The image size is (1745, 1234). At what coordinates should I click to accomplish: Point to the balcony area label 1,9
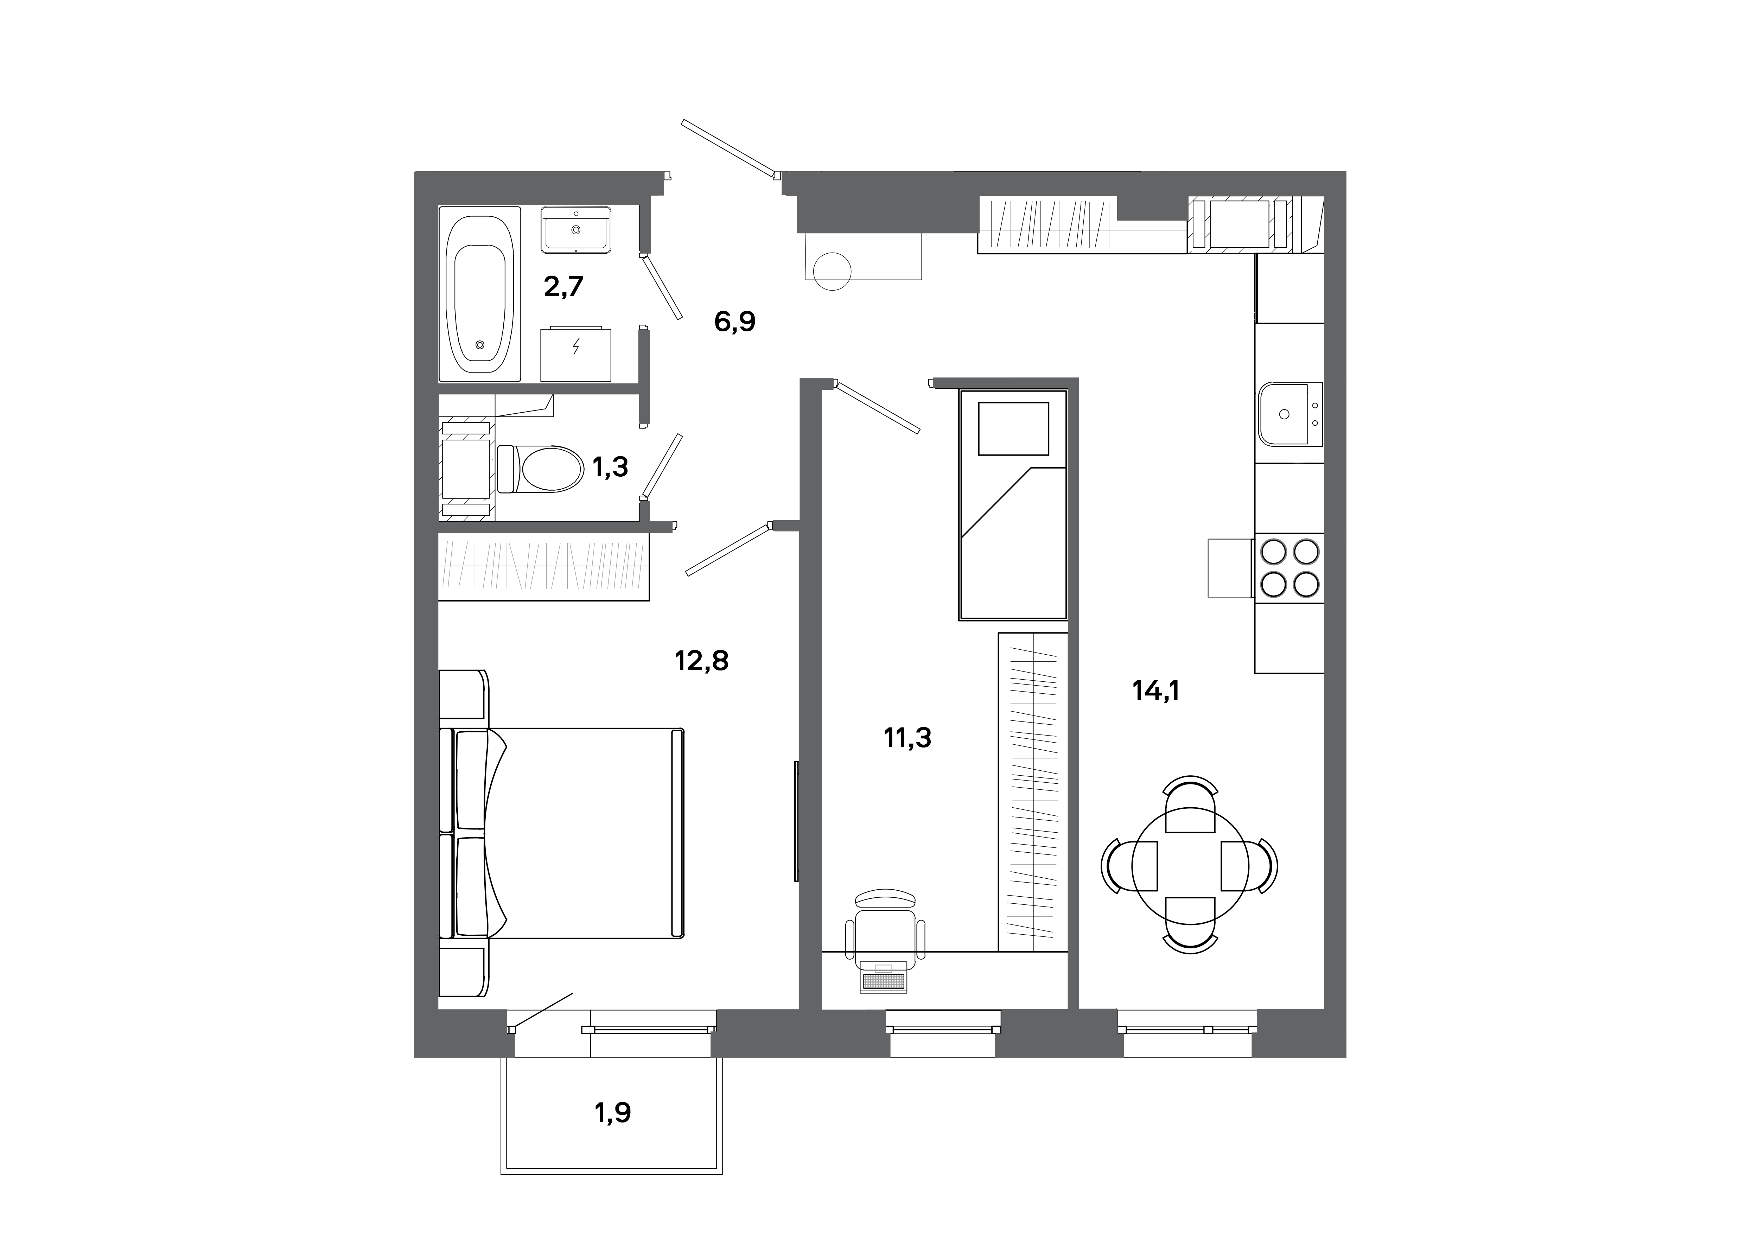[613, 1113]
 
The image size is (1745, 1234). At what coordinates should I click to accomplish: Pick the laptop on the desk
[884, 978]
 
